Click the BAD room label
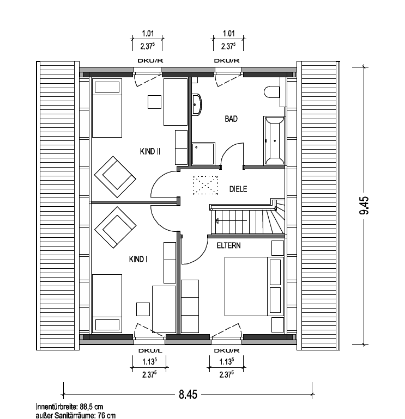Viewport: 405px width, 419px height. coord(231,119)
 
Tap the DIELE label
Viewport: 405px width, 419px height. coord(238,189)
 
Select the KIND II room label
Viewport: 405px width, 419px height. coord(150,151)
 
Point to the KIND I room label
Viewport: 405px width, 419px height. coord(138,259)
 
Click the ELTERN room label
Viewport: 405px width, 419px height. coord(228,245)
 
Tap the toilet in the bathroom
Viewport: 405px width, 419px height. coord(271,92)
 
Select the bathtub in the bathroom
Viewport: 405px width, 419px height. coord(274,140)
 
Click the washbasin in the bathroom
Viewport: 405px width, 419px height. coord(197,104)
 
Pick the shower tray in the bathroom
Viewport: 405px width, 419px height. coord(203,153)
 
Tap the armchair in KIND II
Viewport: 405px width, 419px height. coord(115,177)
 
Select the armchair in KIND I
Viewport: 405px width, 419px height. coord(115,227)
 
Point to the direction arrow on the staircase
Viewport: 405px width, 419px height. coord(231,221)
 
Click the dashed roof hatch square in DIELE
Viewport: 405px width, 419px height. coord(205,185)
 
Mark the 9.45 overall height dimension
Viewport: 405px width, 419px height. coord(364,205)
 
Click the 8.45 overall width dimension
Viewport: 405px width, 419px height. coord(188,395)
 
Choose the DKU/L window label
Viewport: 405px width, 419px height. coord(150,350)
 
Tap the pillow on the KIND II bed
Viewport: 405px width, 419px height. coord(107,87)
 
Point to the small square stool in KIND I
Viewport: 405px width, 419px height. coord(143,309)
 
